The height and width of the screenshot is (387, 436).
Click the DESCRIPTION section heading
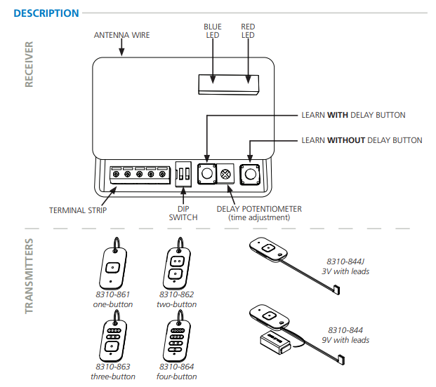coord(46,13)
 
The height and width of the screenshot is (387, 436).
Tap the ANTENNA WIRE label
coord(122,35)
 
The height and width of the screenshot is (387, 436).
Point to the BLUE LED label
coord(212,31)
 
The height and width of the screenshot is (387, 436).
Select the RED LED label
coord(248,31)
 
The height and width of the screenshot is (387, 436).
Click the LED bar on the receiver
coord(229,83)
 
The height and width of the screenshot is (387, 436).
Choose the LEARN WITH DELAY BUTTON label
coord(353,115)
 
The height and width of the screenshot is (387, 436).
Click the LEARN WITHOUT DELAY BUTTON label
coord(362,140)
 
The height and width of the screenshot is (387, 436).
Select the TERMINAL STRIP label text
coord(78,210)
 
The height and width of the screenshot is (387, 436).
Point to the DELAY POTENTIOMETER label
coord(259,209)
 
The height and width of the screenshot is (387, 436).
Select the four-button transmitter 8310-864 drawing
coord(176,339)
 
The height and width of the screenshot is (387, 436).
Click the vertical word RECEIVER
coord(29,64)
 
